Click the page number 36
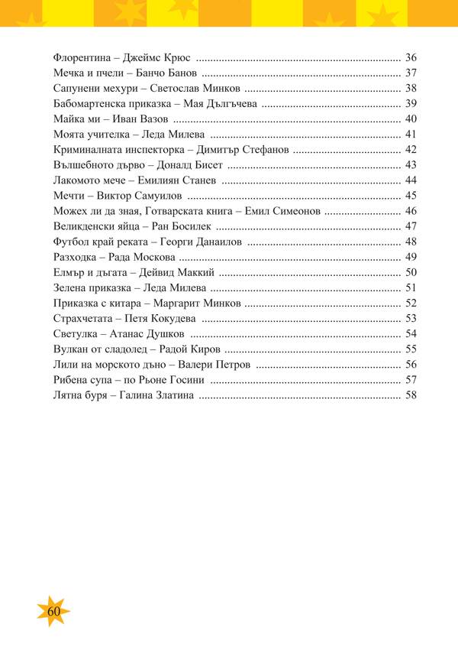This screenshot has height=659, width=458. coord(411,57)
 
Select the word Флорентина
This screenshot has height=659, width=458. coord(82,57)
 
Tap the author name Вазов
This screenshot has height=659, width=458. coord(150,118)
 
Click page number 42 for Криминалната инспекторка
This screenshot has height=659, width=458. coord(411,149)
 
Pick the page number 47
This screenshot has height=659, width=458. coord(411,226)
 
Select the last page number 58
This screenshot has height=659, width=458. coord(411,395)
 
